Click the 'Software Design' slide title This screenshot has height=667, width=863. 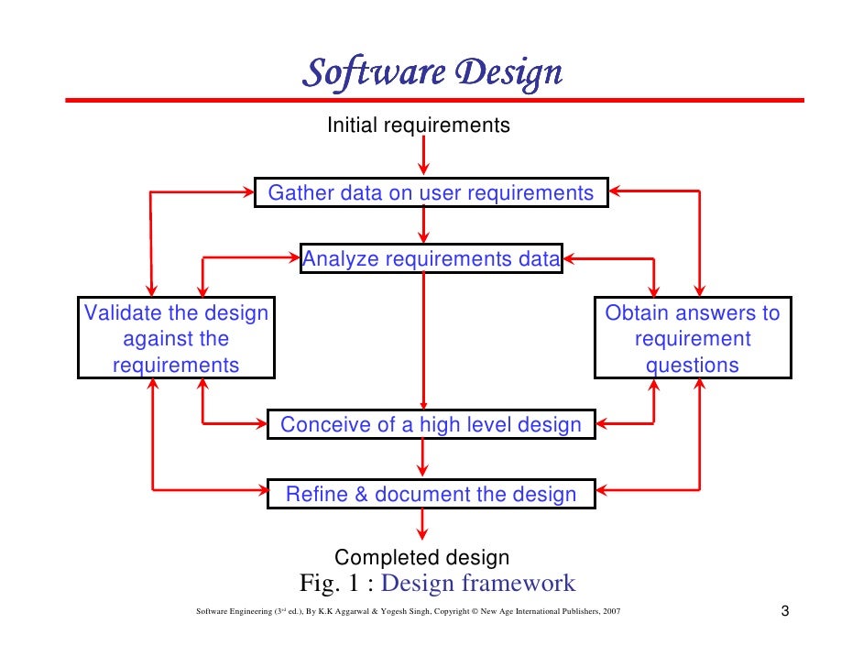tap(431, 71)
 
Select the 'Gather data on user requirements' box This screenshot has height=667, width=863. tap(431, 193)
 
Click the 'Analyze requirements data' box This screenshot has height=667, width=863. tap(431, 259)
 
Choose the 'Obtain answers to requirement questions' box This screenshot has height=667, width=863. tap(693, 338)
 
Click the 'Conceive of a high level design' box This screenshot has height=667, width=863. tap(431, 425)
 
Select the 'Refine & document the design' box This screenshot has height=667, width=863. tap(431, 495)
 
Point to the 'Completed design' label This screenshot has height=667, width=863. tap(421, 557)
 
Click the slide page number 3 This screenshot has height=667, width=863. tap(785, 611)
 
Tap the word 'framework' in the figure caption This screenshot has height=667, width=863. tap(522, 583)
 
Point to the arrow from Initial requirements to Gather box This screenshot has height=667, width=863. tap(422, 156)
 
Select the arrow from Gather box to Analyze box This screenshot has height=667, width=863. tap(422, 226)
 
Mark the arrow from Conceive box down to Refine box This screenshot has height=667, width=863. tap(422, 459)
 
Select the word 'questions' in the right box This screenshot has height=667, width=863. tap(693, 365)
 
